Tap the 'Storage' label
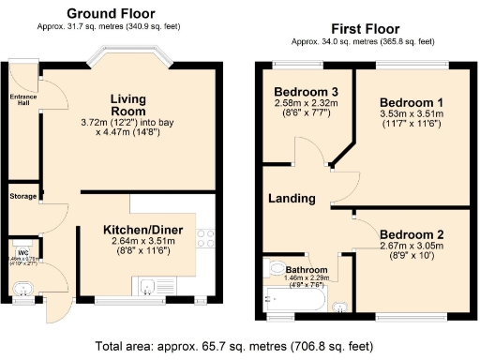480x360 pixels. [22, 197]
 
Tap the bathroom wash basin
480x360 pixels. [340, 303]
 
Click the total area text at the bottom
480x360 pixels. [240, 344]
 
